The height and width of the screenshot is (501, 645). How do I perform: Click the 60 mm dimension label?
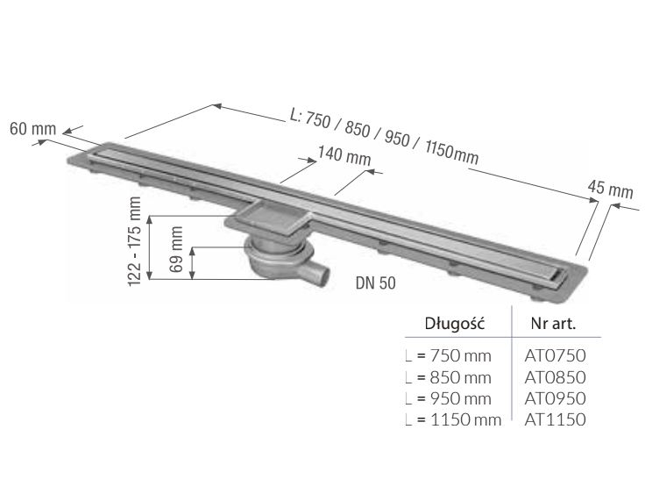coord(33,129)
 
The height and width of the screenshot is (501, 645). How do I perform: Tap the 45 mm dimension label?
coord(610,190)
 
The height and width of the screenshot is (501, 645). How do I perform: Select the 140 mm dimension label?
coord(344,156)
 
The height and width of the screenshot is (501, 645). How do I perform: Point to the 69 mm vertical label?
coord(176,249)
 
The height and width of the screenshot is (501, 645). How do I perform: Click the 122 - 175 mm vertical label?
coord(135,241)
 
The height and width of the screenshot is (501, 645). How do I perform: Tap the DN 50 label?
coord(376,283)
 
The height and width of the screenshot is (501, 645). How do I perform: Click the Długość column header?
coord(455,324)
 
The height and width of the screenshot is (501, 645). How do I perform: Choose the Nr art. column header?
coord(553,324)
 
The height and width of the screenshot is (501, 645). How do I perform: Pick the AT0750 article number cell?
coord(555,355)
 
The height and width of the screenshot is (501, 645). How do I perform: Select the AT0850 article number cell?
coord(555,377)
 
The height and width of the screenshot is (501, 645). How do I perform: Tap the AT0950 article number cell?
coord(555,398)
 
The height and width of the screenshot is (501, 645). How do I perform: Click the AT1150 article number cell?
coord(555,419)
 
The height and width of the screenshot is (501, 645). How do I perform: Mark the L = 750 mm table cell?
coord(449,356)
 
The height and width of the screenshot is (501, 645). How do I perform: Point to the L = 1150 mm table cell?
coord(453,420)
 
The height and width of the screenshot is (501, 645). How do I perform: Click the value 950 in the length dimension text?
coord(397,139)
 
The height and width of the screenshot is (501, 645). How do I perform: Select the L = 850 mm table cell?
coord(449,378)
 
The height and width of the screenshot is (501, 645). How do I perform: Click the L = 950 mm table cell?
coord(449,399)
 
